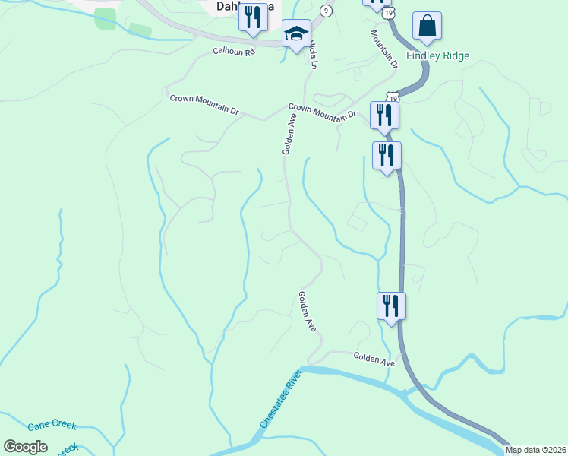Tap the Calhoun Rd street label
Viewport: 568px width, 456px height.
pyautogui.click(x=233, y=51)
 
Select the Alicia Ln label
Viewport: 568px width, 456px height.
pyautogui.click(x=311, y=55)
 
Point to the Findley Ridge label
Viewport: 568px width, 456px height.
pyautogui.click(x=437, y=55)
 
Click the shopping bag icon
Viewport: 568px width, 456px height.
pyautogui.click(x=428, y=27)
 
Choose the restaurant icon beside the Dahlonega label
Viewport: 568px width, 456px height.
pyautogui.click(x=254, y=17)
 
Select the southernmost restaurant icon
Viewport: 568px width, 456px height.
pyautogui.click(x=391, y=306)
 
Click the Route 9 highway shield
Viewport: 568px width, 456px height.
pyautogui.click(x=326, y=10)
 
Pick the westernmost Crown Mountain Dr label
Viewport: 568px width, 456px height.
pyautogui.click(x=204, y=105)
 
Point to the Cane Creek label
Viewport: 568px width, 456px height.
pyautogui.click(x=52, y=426)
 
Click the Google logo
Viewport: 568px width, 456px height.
pyautogui.click(x=25, y=447)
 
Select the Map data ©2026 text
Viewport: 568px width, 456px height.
pyautogui.click(x=535, y=450)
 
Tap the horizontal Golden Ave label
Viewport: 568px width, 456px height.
pyautogui.click(x=374, y=359)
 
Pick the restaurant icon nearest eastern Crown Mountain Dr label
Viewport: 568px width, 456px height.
pyautogui.click(x=384, y=115)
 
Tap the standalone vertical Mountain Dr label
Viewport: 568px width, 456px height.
pyautogui.click(x=383, y=49)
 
